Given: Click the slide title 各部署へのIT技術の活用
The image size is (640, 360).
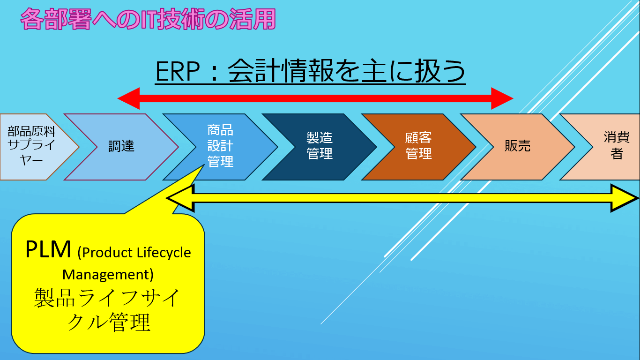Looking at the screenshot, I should coord(148,20).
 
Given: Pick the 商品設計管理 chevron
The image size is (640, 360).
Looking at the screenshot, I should coord(220,146).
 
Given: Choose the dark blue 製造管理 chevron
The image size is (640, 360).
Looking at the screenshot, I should coord(320,146).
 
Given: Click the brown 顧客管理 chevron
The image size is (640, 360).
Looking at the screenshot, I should coord(418,146).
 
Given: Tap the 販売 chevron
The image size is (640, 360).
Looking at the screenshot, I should coord(517,146).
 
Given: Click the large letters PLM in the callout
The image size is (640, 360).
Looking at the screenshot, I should coord(48,250).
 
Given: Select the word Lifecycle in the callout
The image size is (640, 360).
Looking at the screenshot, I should coord(164,253).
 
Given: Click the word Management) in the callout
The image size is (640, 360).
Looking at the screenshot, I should coord(108,274).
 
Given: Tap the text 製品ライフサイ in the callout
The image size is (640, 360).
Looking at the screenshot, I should coord(107,298).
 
